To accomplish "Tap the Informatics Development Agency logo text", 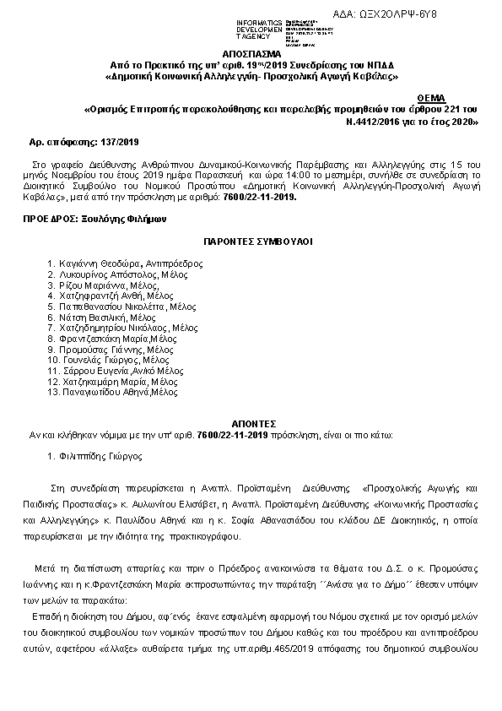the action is tap(237, 28).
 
